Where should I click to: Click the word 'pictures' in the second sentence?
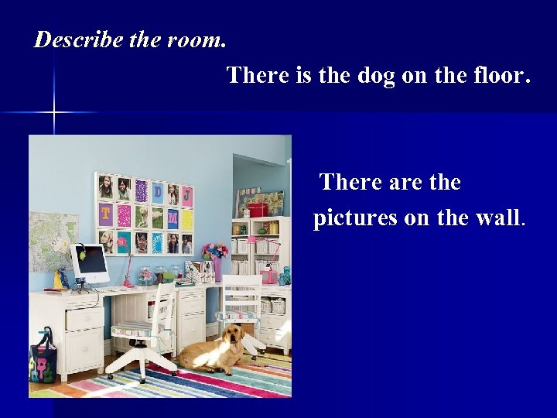355,218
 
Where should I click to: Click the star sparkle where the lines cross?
54,113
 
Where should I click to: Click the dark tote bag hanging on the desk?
43,360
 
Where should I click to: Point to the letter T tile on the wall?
105,214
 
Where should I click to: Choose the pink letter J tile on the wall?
186,195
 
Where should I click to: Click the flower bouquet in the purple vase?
214,252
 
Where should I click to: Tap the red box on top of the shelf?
258,209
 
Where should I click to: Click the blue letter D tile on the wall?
158,191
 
